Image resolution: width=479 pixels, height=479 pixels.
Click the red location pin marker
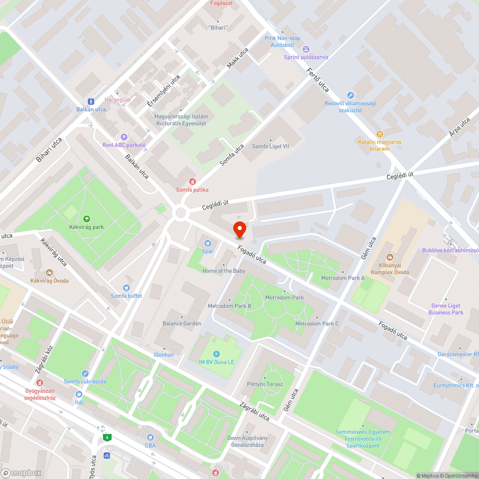(x=239, y=230)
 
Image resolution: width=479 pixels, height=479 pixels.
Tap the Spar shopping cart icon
(x=207, y=243)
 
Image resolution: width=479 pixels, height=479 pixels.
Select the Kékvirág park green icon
(x=86, y=219)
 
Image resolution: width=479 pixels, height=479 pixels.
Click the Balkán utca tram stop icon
(x=91, y=102)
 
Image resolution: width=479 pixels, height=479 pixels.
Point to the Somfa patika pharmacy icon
(x=192, y=182)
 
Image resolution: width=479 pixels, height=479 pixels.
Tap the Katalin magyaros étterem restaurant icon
(x=380, y=134)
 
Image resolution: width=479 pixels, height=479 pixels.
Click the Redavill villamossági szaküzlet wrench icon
(x=351, y=95)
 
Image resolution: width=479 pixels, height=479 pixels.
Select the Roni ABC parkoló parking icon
(x=124, y=137)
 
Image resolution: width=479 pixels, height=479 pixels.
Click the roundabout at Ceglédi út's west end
(x=181, y=212)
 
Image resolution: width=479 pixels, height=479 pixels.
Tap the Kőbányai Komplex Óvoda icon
(x=389, y=257)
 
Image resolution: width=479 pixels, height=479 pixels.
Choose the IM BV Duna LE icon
(x=217, y=354)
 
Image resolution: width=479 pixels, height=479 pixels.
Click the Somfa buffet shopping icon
(x=126, y=288)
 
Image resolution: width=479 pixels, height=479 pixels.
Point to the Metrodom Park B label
(x=229, y=306)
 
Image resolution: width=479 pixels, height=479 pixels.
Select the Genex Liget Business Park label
(x=446, y=309)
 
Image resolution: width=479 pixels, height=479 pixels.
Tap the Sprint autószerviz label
(x=306, y=57)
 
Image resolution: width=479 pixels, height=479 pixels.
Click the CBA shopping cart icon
(x=150, y=437)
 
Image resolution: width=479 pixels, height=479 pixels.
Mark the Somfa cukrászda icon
(x=85, y=373)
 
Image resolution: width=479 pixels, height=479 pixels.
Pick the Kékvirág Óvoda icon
(x=49, y=273)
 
